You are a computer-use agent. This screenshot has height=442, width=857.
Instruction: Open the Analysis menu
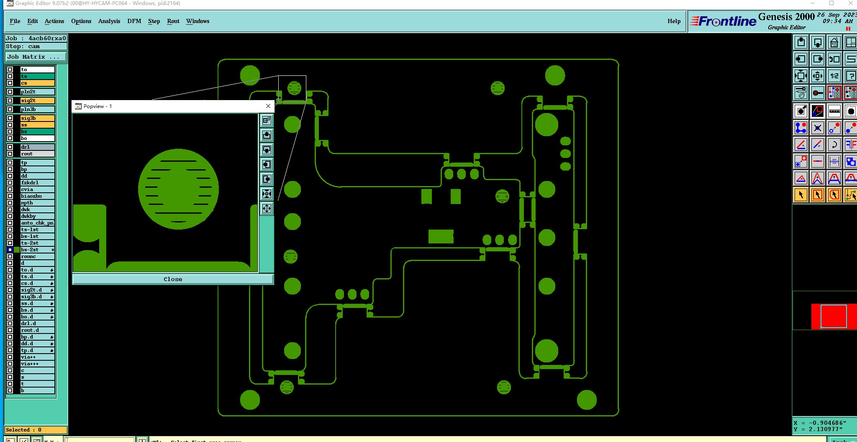[x=109, y=21]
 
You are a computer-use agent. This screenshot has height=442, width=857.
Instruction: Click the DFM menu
[x=134, y=21]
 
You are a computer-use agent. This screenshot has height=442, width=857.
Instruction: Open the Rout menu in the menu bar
[x=173, y=21]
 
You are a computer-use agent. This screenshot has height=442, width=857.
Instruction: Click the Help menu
[x=674, y=21]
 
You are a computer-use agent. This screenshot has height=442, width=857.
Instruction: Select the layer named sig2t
[x=37, y=101]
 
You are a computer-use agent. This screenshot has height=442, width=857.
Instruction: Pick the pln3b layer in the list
[x=37, y=109]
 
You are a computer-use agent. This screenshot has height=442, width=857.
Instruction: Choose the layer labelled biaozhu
[x=37, y=196]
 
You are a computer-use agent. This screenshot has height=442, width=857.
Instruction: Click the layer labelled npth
[x=37, y=203]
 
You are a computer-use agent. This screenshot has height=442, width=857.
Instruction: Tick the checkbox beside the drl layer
[x=10, y=147]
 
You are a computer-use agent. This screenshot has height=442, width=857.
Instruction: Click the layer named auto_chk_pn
[x=37, y=223]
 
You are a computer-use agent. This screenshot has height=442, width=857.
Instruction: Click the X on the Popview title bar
[x=268, y=106]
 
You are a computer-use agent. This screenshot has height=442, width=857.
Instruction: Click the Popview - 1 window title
[x=98, y=106]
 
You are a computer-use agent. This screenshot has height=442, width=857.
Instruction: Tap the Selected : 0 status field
[x=36, y=430]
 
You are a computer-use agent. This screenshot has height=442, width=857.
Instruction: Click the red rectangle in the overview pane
[x=833, y=316]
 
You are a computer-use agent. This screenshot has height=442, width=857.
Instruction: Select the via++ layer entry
[x=37, y=357]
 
